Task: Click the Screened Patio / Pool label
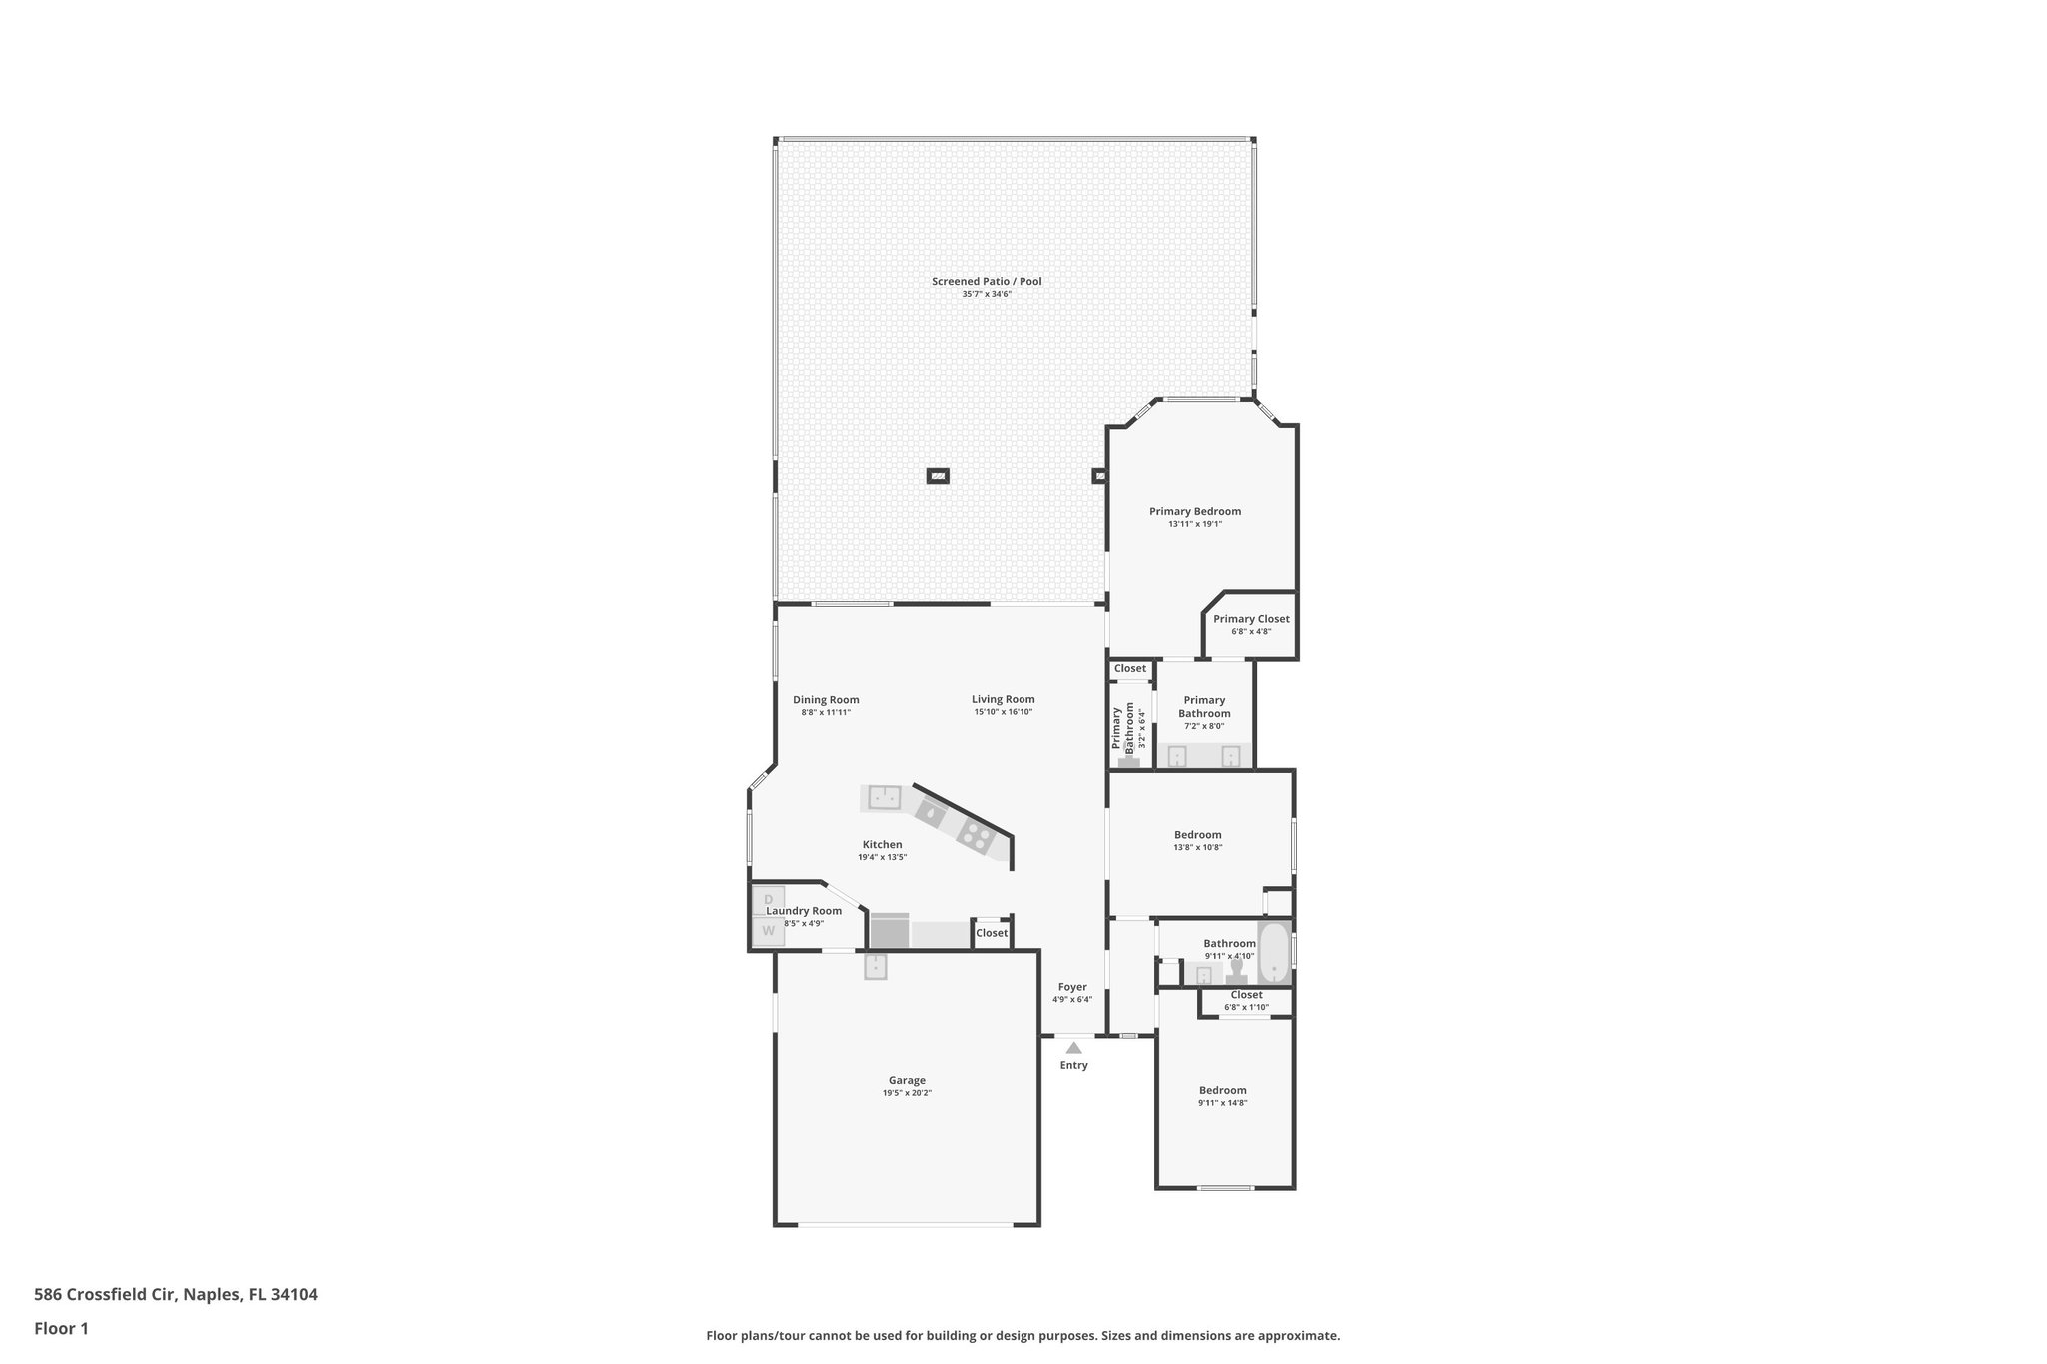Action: click(987, 282)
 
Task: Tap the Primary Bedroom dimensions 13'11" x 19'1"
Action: click(1195, 524)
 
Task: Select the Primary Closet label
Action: click(1251, 619)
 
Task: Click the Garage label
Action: click(907, 1080)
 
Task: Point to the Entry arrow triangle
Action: click(1073, 1048)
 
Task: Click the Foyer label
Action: click(1072, 987)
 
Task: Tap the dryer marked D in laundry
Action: click(769, 900)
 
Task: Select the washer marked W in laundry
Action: click(769, 931)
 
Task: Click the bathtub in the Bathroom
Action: click(1273, 953)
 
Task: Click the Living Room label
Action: click(1003, 699)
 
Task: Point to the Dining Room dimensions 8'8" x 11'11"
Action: click(826, 712)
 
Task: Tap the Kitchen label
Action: click(882, 845)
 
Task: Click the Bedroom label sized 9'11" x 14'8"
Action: click(1223, 1090)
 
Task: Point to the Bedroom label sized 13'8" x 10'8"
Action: click(1197, 835)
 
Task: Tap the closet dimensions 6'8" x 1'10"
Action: click(1246, 1007)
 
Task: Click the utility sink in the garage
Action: click(876, 966)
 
